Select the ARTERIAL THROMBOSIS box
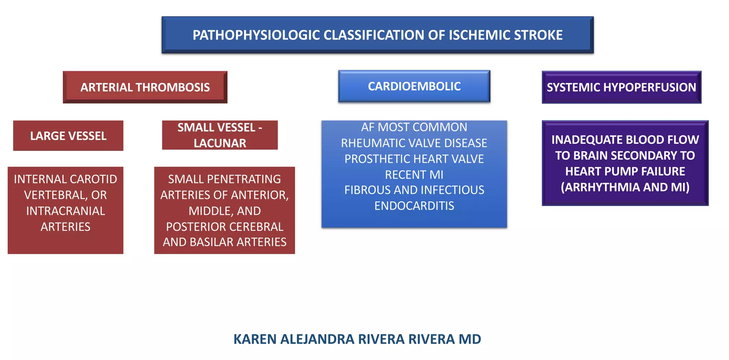coord(145,87)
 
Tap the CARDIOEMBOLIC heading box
coord(414,86)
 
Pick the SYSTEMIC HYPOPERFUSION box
coord(621,87)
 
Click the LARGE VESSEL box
coord(68,136)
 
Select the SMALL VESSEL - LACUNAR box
coord(220,135)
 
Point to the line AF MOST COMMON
coord(414,127)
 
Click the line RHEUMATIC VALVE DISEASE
coord(414,143)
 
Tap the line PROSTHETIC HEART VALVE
coord(414,159)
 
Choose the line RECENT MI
coord(414,175)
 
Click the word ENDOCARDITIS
coord(414,206)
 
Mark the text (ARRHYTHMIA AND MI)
coord(625,187)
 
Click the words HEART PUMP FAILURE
coord(625,171)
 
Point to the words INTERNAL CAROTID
coord(65,179)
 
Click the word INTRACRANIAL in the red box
coord(65,211)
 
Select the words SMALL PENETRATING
coord(224,179)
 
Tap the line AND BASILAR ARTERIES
coord(224,242)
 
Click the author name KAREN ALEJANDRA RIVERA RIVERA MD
coord(357,339)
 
